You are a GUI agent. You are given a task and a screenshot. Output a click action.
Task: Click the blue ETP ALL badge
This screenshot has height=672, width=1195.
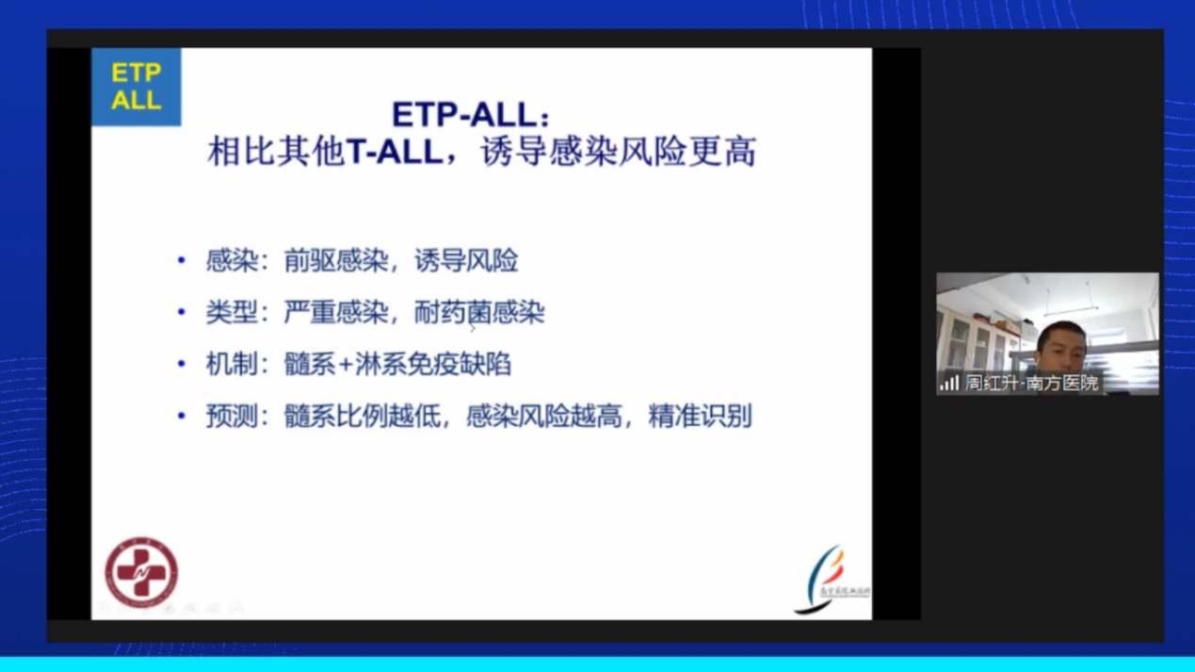tap(136, 87)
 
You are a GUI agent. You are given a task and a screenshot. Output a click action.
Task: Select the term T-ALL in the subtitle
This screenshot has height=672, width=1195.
tap(395, 152)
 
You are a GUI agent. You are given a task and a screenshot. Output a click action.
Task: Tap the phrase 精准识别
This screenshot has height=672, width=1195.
tap(700, 416)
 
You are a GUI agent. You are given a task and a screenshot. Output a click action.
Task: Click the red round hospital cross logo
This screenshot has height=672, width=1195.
tap(141, 572)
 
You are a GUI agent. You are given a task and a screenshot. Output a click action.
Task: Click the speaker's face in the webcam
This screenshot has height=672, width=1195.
tap(1060, 347)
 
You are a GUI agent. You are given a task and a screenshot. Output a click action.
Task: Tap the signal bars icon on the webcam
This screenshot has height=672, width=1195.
tap(949, 383)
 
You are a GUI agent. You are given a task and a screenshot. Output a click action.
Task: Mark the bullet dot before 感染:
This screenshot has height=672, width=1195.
tap(182, 261)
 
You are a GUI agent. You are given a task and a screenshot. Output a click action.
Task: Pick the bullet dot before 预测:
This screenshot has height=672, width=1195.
tap(182, 416)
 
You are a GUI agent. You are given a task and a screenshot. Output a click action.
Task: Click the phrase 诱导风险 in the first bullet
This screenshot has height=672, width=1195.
tap(466, 260)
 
